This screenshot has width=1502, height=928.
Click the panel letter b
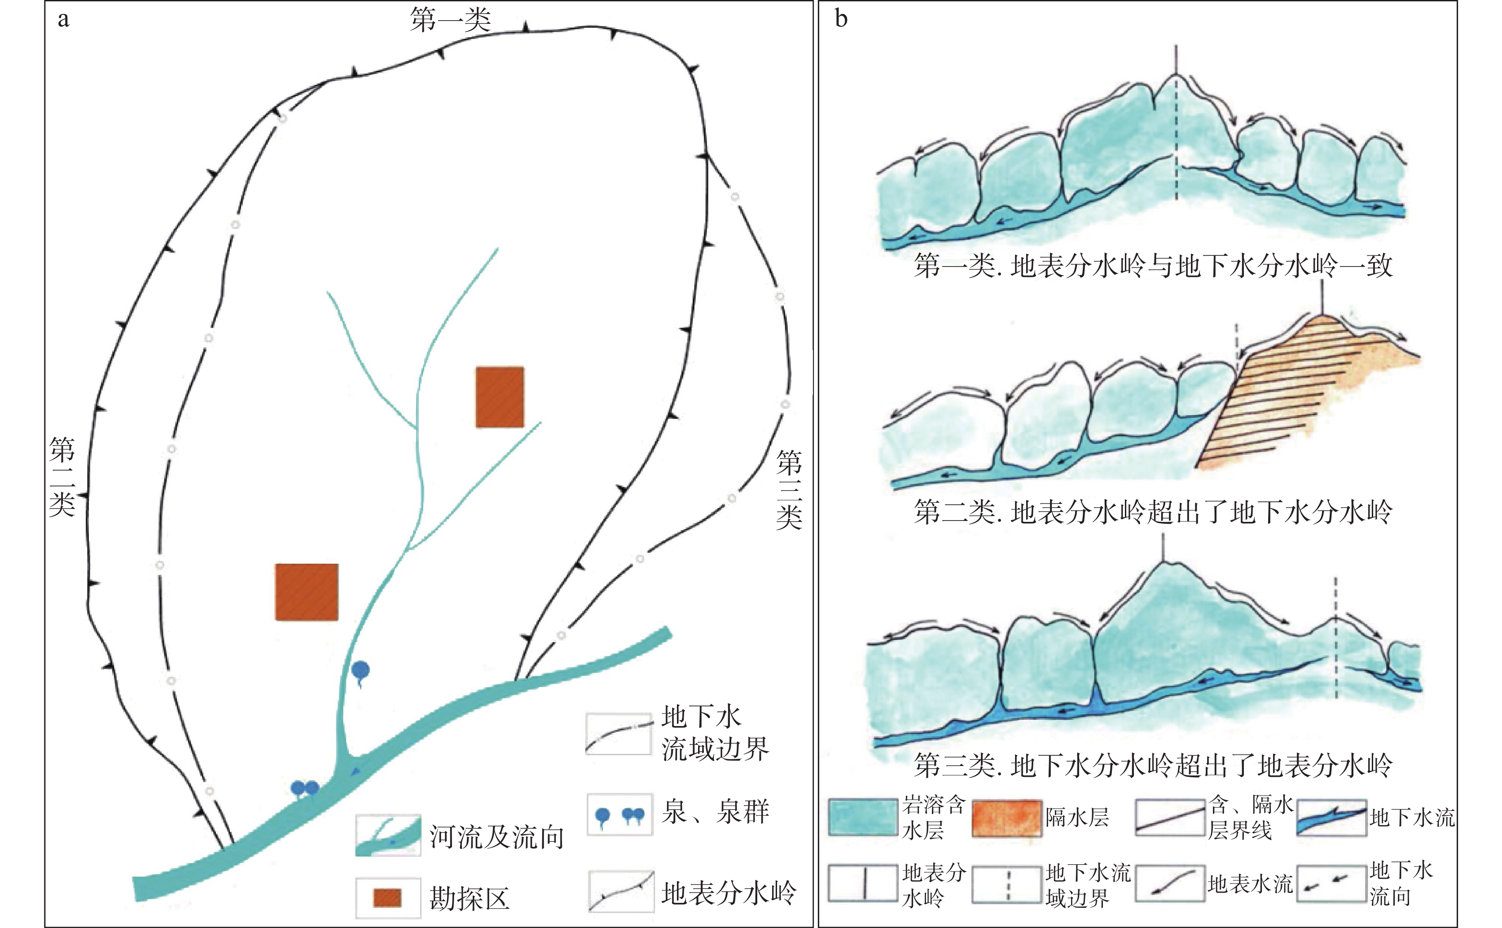point(841,18)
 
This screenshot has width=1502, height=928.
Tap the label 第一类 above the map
point(451,20)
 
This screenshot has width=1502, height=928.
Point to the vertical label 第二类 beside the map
point(62,476)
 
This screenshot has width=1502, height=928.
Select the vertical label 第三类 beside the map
point(789,489)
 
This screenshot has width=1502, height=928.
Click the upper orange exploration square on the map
point(500,397)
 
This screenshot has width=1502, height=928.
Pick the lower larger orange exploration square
point(306,591)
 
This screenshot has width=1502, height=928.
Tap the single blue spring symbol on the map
point(361,671)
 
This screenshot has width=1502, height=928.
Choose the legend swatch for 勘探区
point(387,897)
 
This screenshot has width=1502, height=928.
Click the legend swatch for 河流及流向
point(388,835)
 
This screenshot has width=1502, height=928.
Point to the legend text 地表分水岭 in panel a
point(728,893)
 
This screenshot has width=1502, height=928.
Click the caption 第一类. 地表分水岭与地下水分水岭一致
point(1152,266)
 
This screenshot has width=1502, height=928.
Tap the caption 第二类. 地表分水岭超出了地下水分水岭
point(1152,511)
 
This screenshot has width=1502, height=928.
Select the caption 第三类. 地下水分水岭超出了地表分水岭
point(1152,765)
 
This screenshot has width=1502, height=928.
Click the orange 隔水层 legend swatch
point(1007,818)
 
